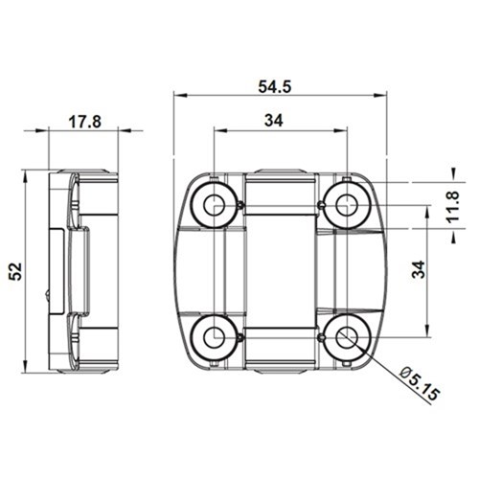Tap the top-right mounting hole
click(x=344, y=202)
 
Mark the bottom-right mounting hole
click(x=344, y=336)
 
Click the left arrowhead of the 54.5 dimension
click(x=178, y=96)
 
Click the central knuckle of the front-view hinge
click(x=279, y=270)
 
